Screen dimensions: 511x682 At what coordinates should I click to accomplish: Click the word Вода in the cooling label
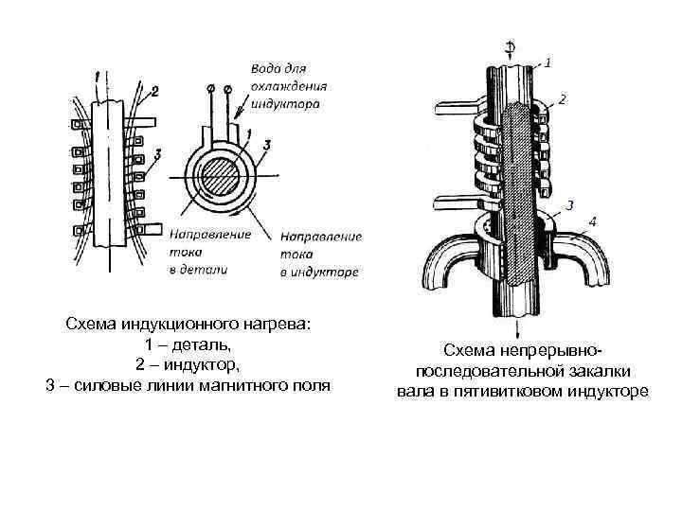point(265,68)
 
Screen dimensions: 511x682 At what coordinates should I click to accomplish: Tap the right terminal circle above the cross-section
point(228,88)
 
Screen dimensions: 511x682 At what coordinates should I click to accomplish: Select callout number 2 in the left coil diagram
point(153,91)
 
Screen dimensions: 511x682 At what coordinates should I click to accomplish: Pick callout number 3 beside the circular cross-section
point(267,144)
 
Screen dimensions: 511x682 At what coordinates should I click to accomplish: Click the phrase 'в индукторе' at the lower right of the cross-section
point(319,273)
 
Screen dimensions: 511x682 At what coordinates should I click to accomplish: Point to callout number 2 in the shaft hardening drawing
point(563,98)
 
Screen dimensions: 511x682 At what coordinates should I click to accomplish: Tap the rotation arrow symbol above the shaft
point(511,46)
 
